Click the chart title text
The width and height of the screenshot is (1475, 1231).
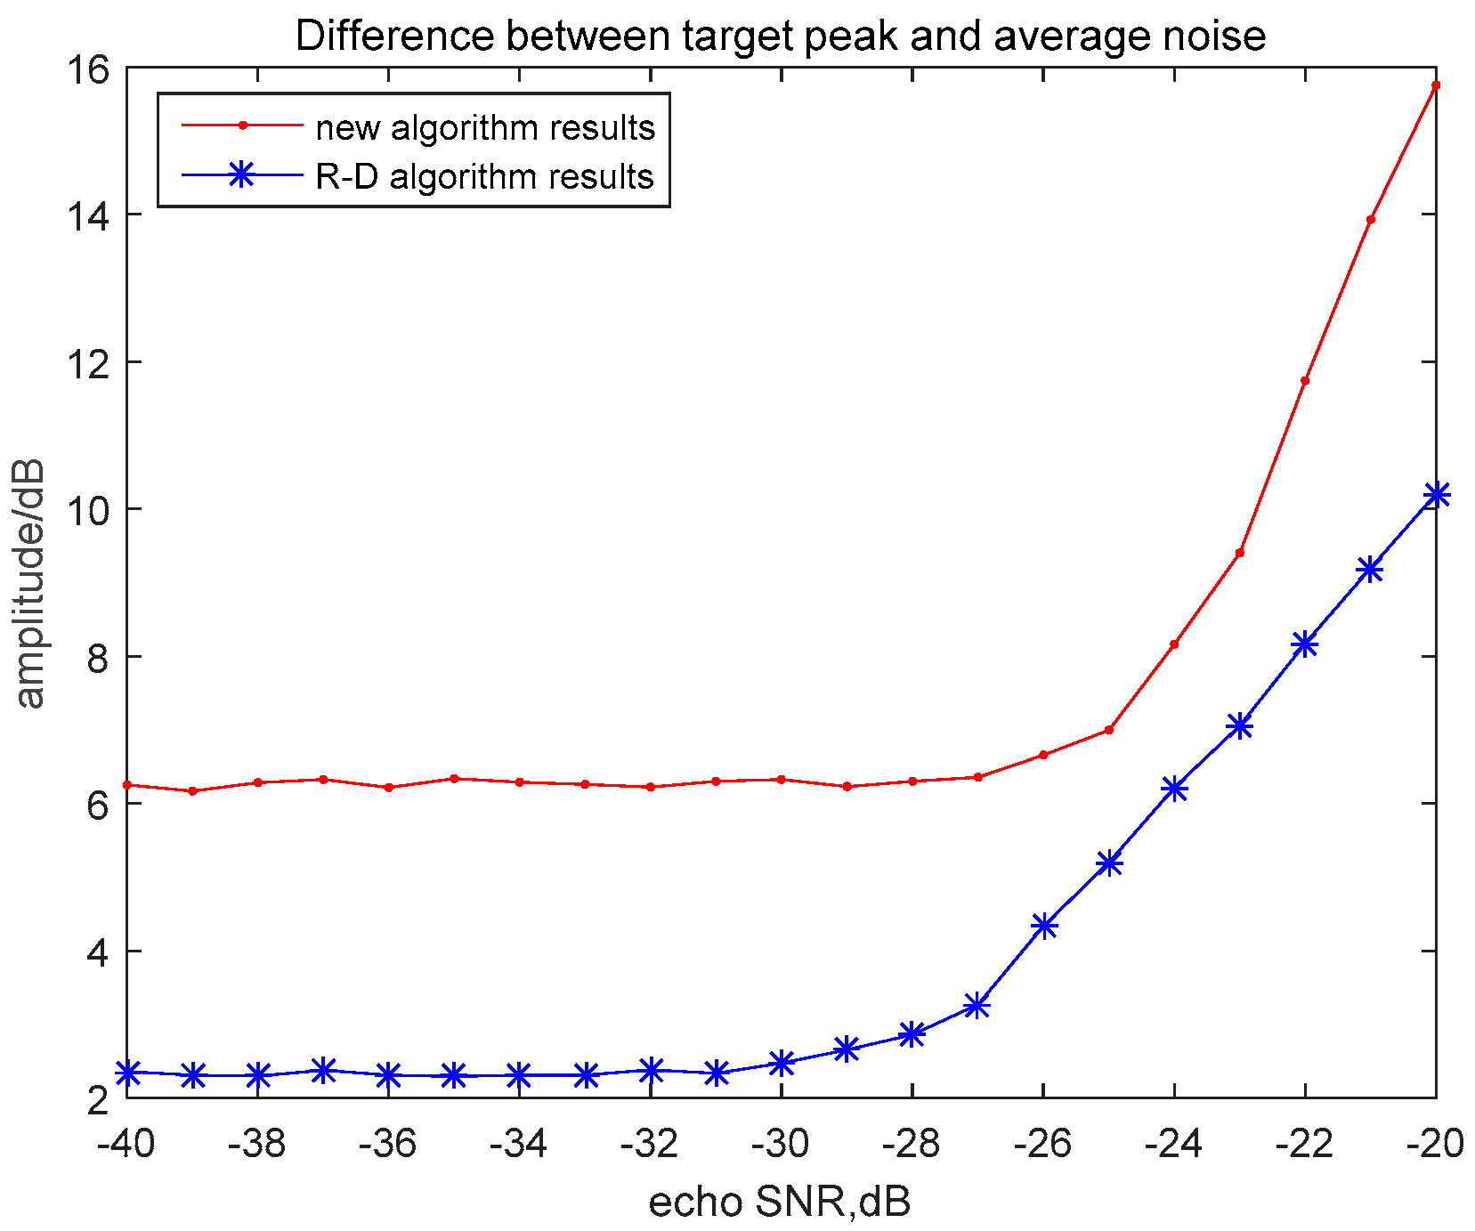(781, 36)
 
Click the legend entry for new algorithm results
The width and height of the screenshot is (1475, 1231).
(485, 128)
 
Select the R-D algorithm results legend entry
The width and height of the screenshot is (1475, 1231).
(484, 176)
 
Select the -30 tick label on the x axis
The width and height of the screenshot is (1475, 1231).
(780, 1145)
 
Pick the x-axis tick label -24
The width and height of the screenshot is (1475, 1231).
(1173, 1145)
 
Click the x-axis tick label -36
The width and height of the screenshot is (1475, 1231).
(387, 1145)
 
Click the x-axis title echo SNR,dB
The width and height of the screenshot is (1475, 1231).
(780, 1203)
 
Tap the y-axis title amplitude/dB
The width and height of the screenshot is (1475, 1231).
(30, 584)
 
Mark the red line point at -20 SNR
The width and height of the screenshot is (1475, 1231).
(1435, 85)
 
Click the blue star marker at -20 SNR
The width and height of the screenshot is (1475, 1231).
(1436, 495)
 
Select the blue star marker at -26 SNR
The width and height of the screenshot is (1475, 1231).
(1043, 926)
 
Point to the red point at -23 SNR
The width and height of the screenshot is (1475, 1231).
(1239, 553)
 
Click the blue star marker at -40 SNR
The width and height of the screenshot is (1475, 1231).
(128, 1073)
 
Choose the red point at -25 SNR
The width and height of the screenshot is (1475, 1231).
(1108, 730)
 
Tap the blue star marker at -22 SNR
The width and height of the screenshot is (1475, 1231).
(1305, 644)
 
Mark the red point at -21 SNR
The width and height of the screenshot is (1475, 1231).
(1370, 220)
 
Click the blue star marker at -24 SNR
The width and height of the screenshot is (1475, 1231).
(1174, 789)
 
